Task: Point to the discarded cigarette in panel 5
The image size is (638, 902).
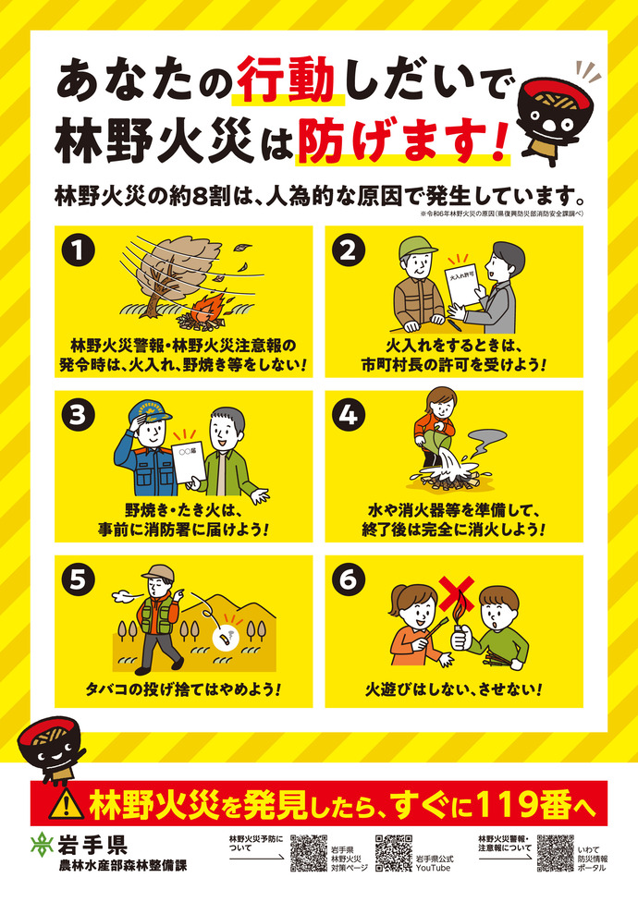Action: [222, 636]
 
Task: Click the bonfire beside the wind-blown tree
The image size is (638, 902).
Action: [198, 315]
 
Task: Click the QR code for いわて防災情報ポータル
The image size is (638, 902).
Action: [555, 853]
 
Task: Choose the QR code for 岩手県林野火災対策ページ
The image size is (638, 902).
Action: [309, 853]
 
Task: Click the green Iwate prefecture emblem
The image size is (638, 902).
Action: [41, 845]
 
